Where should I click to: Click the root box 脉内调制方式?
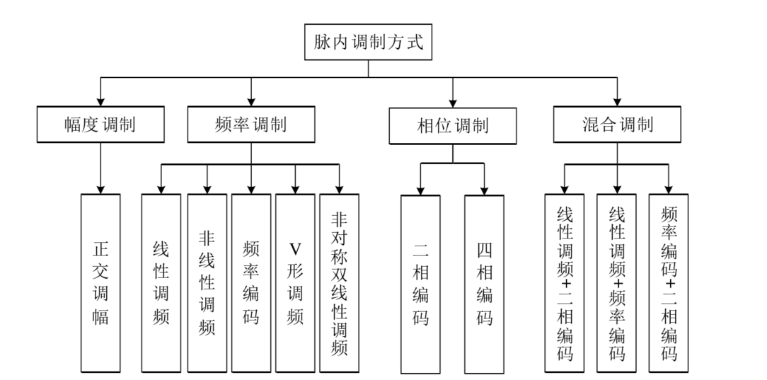(368, 42)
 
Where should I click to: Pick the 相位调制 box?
(454, 127)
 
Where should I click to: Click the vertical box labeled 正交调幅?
(100, 282)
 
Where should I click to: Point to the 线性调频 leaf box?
(161, 282)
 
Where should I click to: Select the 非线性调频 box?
(207, 282)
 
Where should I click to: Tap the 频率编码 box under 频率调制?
(250, 282)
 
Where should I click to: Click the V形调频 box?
(295, 282)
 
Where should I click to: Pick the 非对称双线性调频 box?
(339, 282)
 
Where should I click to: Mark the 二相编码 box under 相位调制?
(420, 284)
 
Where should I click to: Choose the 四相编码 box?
(484, 284)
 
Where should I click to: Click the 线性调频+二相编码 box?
(564, 282)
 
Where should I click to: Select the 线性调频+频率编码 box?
(616, 282)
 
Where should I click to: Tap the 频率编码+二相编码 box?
(668, 282)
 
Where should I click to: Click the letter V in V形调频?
(295, 249)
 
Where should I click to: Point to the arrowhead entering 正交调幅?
(100, 189)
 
